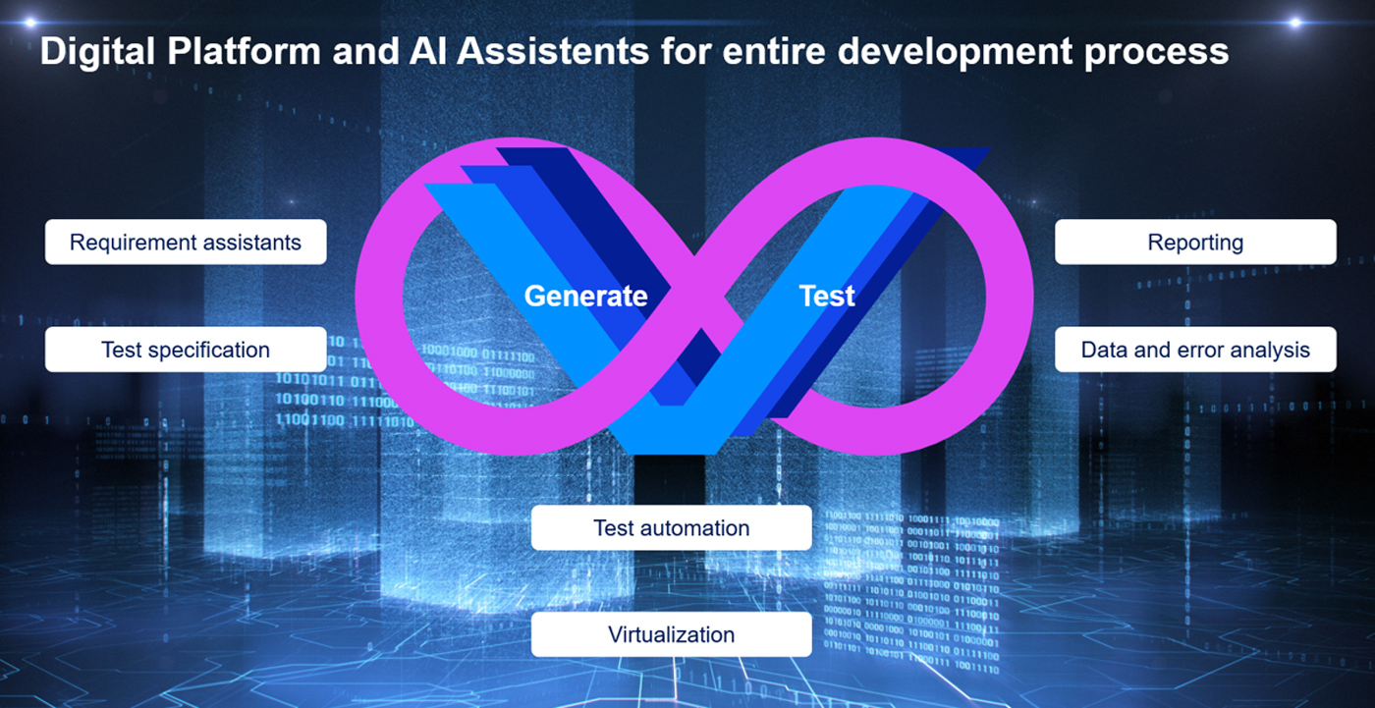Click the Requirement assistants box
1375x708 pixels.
[x=186, y=242]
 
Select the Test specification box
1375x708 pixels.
[x=186, y=350]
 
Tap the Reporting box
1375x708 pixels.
[x=1195, y=242]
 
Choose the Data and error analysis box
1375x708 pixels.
[x=1195, y=350]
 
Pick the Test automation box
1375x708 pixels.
[x=671, y=527]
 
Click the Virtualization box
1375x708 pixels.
[x=671, y=634]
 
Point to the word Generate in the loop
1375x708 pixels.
[x=585, y=296]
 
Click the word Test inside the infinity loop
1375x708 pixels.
[x=826, y=296]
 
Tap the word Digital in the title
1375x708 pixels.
[x=97, y=52]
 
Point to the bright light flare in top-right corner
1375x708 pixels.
[x=1295, y=22]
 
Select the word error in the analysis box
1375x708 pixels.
[x=1192, y=350]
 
